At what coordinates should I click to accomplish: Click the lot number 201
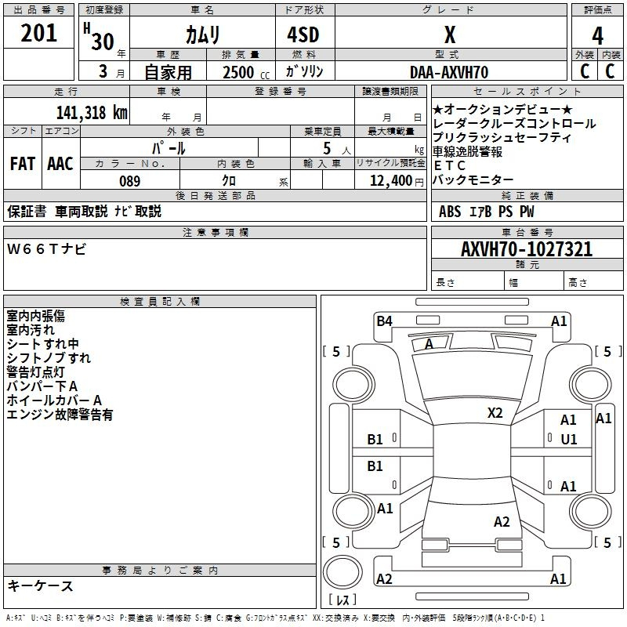[39, 34]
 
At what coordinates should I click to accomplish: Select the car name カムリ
[202, 34]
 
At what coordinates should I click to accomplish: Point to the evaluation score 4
[597, 35]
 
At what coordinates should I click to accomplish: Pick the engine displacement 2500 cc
[243, 72]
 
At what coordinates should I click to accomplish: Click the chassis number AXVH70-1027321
[527, 249]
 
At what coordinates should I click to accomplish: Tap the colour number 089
[129, 181]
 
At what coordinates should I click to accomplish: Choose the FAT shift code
[23, 164]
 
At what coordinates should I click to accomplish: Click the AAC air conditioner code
[60, 164]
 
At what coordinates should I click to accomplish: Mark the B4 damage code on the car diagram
[384, 321]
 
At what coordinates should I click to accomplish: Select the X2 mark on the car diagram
[495, 412]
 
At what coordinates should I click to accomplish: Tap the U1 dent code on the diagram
[568, 440]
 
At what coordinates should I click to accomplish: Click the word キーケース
[40, 585]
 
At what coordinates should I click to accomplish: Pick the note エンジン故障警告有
[60, 415]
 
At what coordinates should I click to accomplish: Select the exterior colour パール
[169, 147]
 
